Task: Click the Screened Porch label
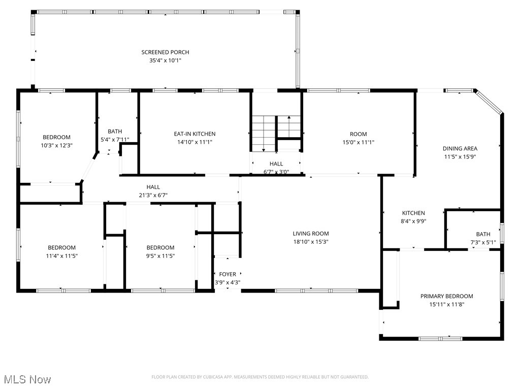(x=165, y=52)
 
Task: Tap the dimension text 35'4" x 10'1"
(x=165, y=60)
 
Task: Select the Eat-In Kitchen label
(x=194, y=134)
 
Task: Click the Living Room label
(x=311, y=234)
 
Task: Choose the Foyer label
(x=227, y=274)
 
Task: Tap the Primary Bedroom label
(x=446, y=296)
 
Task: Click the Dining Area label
(x=460, y=149)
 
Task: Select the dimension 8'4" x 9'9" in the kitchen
(x=413, y=221)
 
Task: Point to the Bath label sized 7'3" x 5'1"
(x=483, y=234)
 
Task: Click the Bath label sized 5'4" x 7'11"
(x=115, y=132)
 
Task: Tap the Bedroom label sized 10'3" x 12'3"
(x=56, y=137)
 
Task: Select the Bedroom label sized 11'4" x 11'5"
(x=62, y=248)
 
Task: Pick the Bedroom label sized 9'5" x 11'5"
(x=160, y=248)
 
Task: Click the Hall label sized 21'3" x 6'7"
(x=153, y=187)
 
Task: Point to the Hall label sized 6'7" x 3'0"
(x=276, y=164)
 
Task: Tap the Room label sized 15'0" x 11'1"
(x=358, y=134)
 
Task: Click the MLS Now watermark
(x=27, y=379)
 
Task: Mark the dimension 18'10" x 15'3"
(x=311, y=242)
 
